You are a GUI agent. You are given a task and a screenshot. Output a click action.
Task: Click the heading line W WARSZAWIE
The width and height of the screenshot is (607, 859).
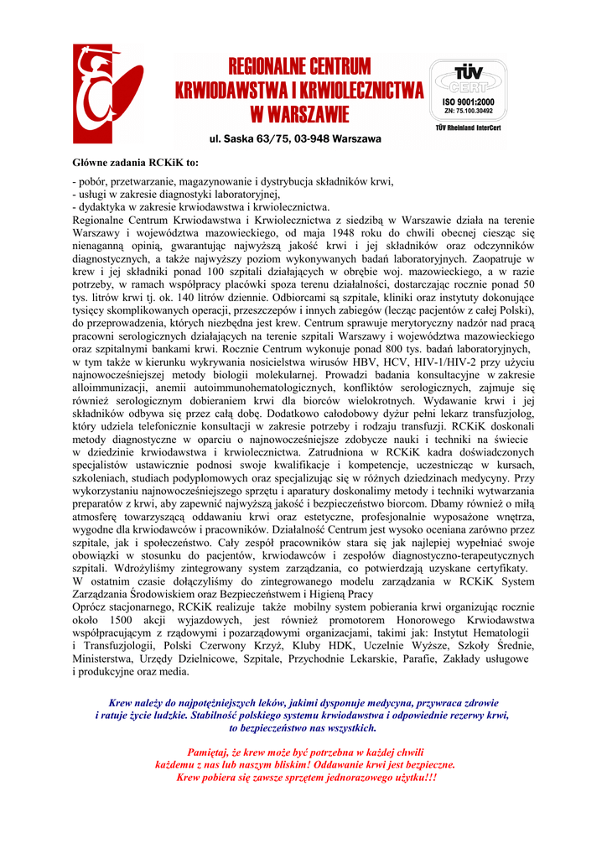click(299, 112)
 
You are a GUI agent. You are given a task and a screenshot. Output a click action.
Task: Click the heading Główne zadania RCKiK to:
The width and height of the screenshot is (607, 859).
click(135, 162)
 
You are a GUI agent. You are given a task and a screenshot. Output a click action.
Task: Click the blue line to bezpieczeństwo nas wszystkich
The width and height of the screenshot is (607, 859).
click(303, 728)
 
